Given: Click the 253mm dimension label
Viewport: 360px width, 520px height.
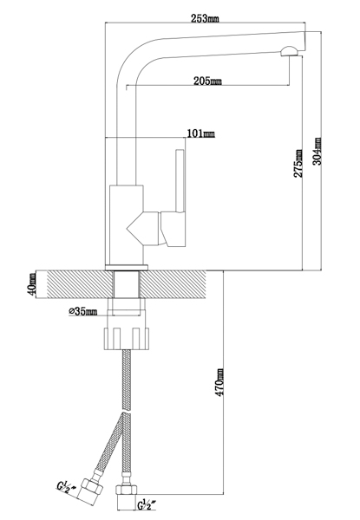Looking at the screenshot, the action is (x=205, y=18).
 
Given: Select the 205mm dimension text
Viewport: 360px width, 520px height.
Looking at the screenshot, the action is (x=207, y=81).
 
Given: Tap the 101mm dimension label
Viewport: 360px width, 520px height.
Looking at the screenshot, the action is (x=201, y=133).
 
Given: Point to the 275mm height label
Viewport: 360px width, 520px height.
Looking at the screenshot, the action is (x=298, y=163).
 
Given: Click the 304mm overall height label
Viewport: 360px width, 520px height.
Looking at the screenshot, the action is (x=317, y=151).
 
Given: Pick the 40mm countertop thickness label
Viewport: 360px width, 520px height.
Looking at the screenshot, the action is (x=32, y=284).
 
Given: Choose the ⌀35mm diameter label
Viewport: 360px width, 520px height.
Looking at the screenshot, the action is (x=83, y=311).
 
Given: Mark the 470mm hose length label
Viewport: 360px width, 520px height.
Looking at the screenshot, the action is (x=219, y=382).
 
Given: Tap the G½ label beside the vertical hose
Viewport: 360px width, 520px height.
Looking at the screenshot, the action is (x=147, y=505).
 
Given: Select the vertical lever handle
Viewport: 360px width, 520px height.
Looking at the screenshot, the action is (x=180, y=181).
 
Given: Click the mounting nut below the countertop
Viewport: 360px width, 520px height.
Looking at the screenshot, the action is (x=126, y=338).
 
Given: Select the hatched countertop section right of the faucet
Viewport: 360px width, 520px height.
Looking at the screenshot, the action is (x=173, y=284).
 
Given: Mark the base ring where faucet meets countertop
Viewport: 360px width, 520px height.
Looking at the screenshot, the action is (x=127, y=268).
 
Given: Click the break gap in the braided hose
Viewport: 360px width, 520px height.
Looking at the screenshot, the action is (x=126, y=413).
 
